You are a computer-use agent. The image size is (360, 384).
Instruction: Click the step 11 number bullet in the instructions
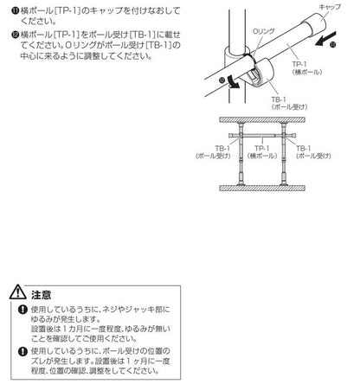[x=16, y=11]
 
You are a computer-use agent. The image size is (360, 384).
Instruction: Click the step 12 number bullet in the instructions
[x=16, y=35]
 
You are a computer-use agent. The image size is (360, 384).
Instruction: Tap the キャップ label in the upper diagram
[x=330, y=7]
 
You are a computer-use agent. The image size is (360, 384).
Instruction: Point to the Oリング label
[x=264, y=31]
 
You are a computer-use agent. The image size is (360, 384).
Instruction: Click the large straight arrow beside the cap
[x=326, y=39]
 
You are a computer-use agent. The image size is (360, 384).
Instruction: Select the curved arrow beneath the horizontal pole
[x=233, y=81]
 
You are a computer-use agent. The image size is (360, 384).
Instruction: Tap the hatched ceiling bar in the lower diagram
[x=262, y=119]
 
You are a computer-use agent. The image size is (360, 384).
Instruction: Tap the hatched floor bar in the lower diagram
[x=262, y=189]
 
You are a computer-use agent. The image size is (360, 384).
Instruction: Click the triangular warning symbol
[x=18, y=291]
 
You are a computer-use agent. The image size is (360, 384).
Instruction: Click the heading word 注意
[x=42, y=295]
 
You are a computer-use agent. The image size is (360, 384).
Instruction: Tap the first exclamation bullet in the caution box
[x=22, y=310]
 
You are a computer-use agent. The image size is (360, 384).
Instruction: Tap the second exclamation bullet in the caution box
[x=22, y=352]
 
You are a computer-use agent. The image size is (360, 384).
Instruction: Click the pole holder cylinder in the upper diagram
[x=261, y=72]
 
